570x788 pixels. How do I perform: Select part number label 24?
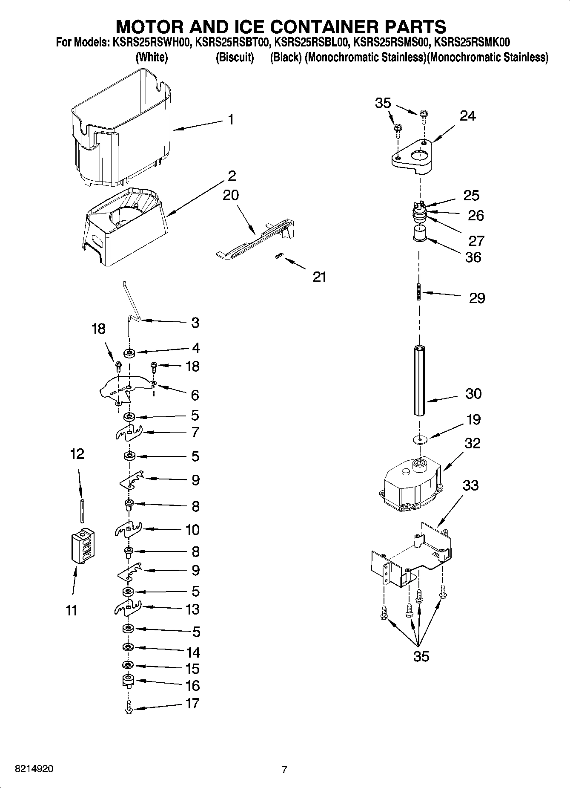tap(467, 116)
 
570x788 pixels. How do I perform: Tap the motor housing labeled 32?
tap(411, 484)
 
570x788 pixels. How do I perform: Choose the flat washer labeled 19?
tap(419, 439)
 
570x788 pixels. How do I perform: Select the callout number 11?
tap(72, 610)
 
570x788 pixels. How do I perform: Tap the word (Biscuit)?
tap(235, 58)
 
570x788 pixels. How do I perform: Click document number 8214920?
tap(34, 769)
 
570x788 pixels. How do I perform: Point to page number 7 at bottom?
tap(284, 770)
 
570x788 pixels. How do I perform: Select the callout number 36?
tap(473, 257)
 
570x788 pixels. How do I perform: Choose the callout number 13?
tap(192, 609)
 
